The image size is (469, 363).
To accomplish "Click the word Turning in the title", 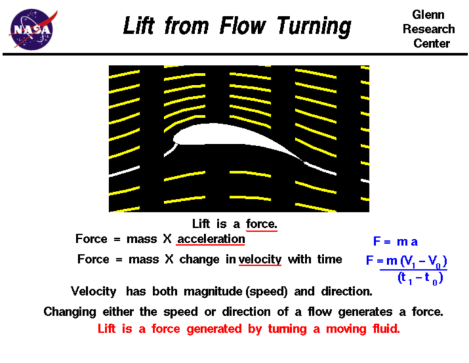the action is click(314, 27).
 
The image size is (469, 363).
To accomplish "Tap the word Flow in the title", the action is click(242, 25).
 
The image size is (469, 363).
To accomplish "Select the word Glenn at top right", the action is click(428, 15).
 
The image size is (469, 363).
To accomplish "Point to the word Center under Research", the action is click(431, 44).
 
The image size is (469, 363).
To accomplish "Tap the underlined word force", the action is click(261, 224).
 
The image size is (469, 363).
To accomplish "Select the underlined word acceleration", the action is click(211, 239).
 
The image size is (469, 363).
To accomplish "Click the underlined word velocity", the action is click(260, 259).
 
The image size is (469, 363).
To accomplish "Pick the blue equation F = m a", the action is click(395, 241).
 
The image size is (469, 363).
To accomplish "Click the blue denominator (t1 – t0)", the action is click(421, 278).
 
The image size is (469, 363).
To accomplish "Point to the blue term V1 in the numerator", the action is click(410, 261).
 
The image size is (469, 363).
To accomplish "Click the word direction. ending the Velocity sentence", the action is click(347, 291).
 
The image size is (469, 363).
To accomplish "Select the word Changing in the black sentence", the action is click(70, 312).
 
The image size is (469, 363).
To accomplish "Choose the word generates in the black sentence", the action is click(365, 312).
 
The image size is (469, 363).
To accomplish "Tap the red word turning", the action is click(287, 329).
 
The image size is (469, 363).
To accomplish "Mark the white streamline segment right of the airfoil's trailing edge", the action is click(320, 168).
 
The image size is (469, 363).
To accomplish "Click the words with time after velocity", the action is click(314, 259).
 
